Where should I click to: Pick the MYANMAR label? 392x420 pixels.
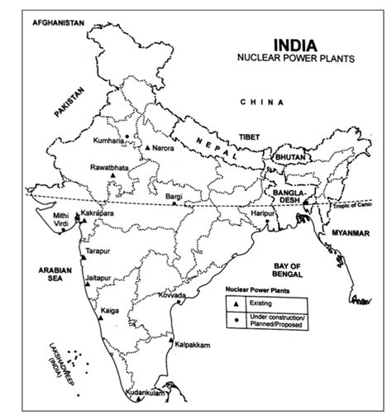[x=348, y=234]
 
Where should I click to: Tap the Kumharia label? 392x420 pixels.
[x=111, y=141]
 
